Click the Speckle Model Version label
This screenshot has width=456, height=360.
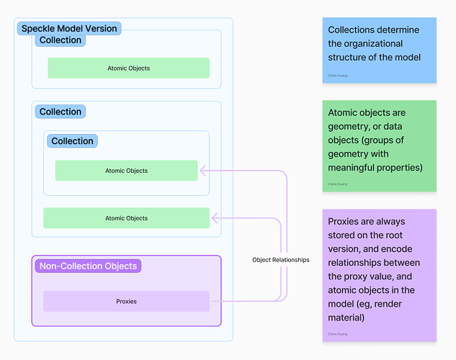[x=69, y=29]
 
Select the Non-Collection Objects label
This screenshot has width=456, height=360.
[x=88, y=266]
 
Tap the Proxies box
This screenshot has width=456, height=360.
[x=126, y=301]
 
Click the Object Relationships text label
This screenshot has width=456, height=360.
[x=281, y=260]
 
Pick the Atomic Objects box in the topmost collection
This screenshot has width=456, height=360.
[x=128, y=68]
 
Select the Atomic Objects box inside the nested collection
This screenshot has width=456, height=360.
[x=126, y=171]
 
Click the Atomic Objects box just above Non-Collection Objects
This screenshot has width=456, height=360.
[x=126, y=218]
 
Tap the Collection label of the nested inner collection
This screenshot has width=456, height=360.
[x=73, y=141]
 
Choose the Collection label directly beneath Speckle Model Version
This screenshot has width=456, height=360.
[x=61, y=40]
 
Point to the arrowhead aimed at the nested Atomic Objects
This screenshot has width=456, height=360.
[x=202, y=171]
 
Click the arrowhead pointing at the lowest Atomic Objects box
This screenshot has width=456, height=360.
[x=215, y=218]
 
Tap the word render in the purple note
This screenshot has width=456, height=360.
[x=388, y=304]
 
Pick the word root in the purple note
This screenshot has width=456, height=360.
[x=395, y=235]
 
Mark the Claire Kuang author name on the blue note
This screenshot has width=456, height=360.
[x=338, y=76]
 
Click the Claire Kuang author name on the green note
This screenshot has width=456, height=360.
[x=338, y=184]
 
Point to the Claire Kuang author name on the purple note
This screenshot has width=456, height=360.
[x=338, y=334]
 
